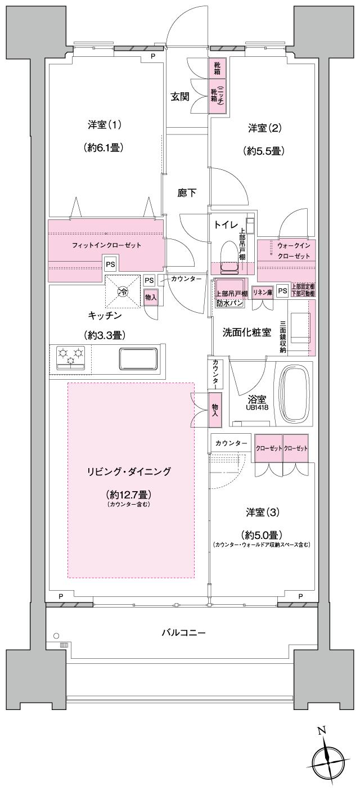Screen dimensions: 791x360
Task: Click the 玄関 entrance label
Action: point(180,96)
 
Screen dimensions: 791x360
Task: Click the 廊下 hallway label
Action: point(187,193)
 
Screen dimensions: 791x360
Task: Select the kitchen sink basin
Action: point(137,358)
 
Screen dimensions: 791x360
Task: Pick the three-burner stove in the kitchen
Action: point(70,358)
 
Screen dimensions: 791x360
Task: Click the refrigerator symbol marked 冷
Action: point(122,291)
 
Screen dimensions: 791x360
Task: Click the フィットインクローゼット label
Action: point(106,245)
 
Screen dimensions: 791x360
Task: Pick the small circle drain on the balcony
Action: point(56,636)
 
